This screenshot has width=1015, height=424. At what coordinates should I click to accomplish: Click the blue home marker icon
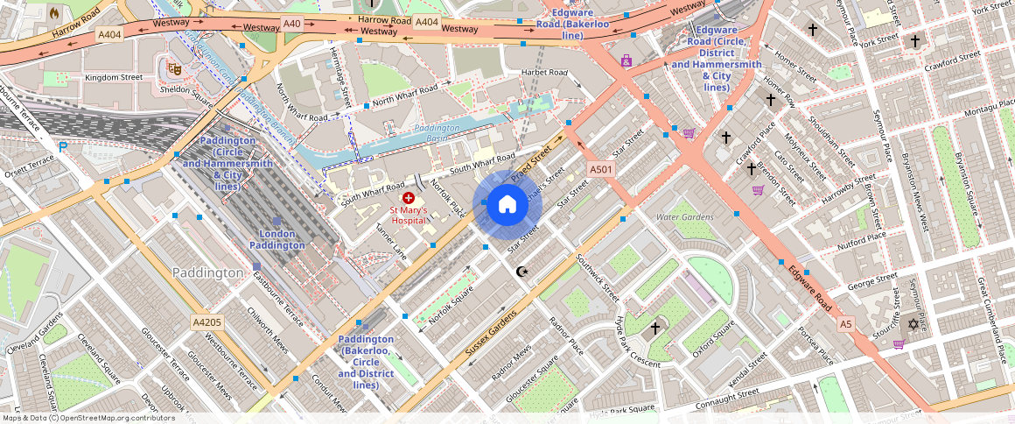tap(507, 204)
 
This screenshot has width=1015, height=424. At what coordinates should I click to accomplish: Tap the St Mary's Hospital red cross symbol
tap(409, 199)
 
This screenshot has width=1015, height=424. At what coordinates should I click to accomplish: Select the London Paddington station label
tap(277, 239)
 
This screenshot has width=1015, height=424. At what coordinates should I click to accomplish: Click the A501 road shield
tap(600, 169)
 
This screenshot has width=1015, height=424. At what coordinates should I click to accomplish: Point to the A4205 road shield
tap(207, 322)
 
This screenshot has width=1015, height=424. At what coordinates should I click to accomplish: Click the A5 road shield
tap(845, 324)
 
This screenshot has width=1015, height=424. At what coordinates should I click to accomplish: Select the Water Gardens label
tap(685, 216)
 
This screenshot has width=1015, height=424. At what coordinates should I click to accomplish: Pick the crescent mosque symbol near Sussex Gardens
tap(523, 272)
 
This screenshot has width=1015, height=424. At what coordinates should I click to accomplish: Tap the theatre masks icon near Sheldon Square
tap(173, 66)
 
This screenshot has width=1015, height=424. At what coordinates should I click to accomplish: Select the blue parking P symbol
tap(62, 146)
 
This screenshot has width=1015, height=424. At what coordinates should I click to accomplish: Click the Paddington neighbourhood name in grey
tap(207, 272)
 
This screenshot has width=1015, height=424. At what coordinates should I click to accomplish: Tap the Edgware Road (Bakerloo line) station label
tap(573, 25)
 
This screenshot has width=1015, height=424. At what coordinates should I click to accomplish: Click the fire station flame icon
tap(54, 13)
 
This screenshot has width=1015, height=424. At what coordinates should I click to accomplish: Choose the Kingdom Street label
tap(114, 77)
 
